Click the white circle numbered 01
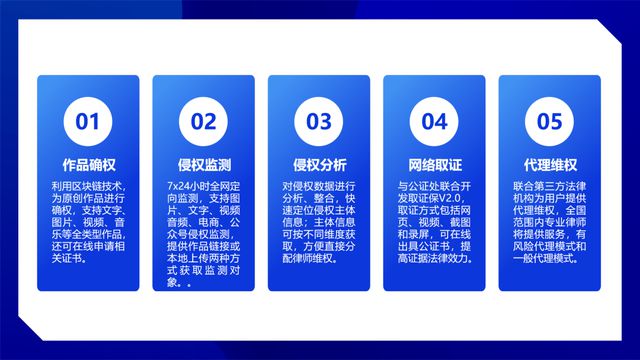tap(88, 122)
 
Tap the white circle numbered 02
tap(203, 122)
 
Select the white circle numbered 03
tap(319, 122)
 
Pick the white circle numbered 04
tap(434, 122)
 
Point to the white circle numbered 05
tap(549, 122)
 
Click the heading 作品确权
tap(88, 164)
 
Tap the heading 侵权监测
tap(203, 164)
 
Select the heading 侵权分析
tap(319, 164)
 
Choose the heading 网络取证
tap(434, 164)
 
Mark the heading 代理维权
tap(549, 164)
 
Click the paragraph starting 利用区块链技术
tap(88, 221)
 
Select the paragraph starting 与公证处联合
tap(434, 221)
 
